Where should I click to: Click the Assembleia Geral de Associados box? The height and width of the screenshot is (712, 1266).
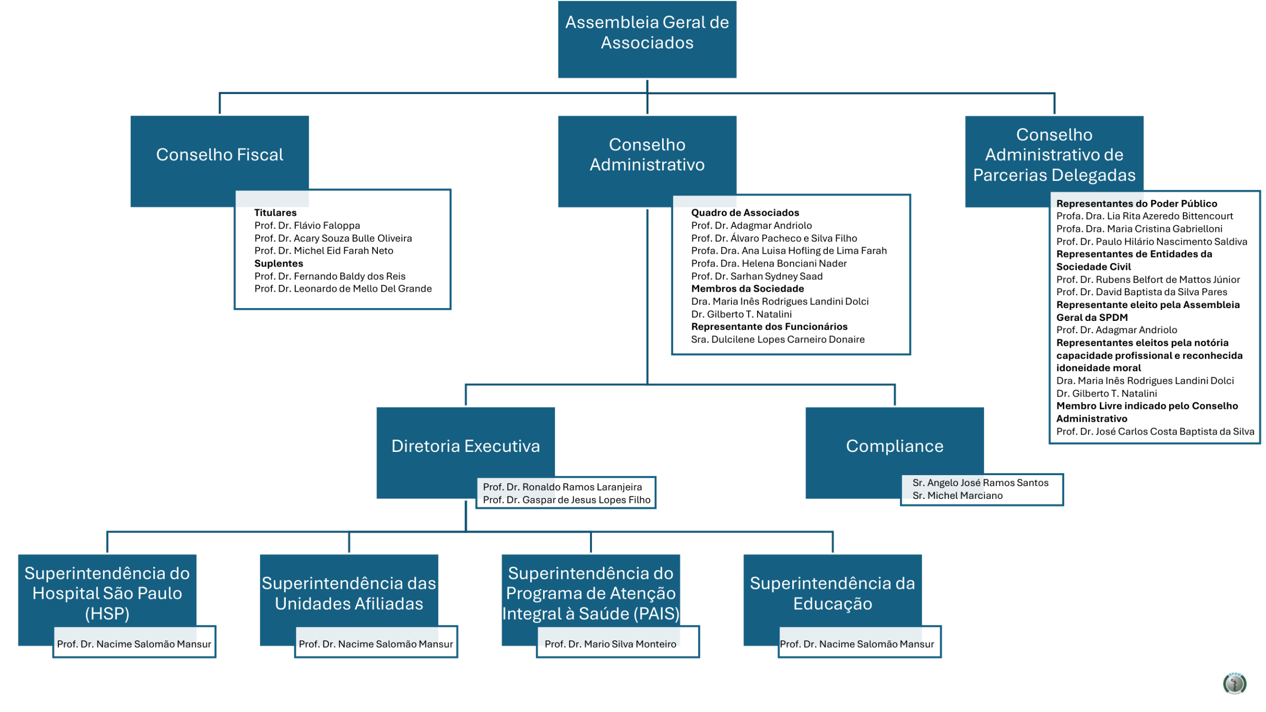[647, 39]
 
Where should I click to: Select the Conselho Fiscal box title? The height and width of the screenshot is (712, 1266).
[220, 155]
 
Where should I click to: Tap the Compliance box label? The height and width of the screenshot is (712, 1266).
[895, 446]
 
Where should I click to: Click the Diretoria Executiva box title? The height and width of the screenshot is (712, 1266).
[465, 446]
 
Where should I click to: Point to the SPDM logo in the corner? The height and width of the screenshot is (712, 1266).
[1234, 683]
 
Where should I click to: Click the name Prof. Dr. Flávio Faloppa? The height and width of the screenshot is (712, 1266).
[307, 225]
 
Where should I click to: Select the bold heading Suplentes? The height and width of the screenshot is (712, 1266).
[278, 264]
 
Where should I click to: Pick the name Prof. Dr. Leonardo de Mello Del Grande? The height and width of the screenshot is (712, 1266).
[343, 289]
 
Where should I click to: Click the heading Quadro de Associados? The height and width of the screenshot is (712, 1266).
[745, 213]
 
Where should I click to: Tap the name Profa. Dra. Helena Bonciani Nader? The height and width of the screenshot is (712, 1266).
[769, 264]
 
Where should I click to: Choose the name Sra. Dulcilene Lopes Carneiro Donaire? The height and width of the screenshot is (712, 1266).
[777, 339]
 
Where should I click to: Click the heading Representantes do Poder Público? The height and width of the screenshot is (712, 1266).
[1136, 204]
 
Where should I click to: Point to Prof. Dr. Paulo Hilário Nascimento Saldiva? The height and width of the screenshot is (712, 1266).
[1151, 242]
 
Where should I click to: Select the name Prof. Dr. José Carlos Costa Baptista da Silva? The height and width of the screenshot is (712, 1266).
[1155, 432]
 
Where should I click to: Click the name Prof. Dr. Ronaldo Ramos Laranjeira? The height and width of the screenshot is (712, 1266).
[562, 487]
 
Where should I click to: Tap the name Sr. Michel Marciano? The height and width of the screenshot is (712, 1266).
[957, 495]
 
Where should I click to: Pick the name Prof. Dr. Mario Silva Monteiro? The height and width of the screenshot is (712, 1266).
[610, 644]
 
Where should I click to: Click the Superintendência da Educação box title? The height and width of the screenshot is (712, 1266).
[832, 593]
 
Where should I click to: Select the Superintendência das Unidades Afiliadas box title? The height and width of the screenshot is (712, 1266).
[349, 593]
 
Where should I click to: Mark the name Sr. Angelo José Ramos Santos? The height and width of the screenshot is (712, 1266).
[980, 483]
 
